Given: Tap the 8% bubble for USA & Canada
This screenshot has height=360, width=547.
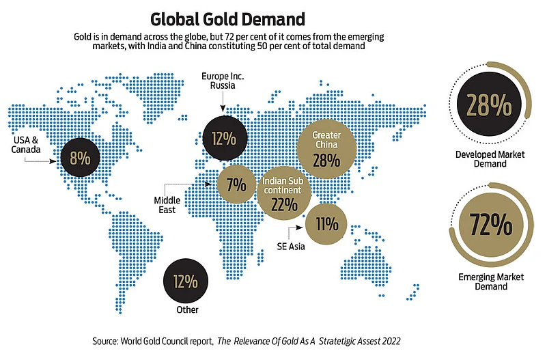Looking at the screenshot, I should (81, 158).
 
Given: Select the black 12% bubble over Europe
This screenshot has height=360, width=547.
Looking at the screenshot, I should (225, 138).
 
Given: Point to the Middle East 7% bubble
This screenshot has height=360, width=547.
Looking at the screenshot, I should (237, 184).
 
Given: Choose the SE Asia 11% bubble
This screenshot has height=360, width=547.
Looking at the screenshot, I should (326, 223).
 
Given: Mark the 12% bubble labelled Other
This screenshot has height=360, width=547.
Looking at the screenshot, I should (185, 281).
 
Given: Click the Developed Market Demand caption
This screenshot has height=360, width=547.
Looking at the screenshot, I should (490, 159).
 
